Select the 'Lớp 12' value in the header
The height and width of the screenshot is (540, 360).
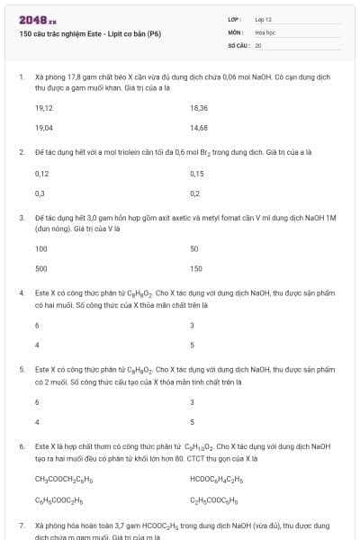[x=263, y=19]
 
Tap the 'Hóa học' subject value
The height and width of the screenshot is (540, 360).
[x=265, y=31]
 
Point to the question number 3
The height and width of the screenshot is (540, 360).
[x=22, y=217]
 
